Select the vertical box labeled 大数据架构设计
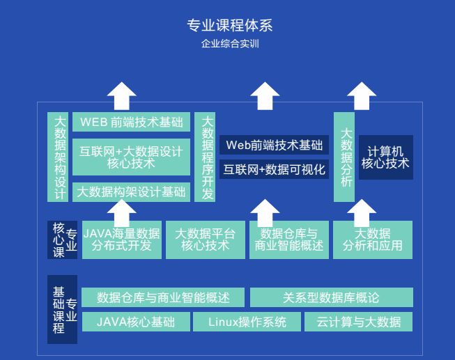59,157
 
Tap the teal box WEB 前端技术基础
131,123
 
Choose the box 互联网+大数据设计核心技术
131,157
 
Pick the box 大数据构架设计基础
131,192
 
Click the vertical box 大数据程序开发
206,157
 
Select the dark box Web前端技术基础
274,145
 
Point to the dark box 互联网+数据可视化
274,169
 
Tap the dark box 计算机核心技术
385,157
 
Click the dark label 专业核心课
62,240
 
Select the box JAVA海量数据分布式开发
121,240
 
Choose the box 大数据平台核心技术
205,240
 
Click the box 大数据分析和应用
372,240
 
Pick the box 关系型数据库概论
331,298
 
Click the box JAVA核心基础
134,322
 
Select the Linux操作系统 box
247,322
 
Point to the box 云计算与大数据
358,322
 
